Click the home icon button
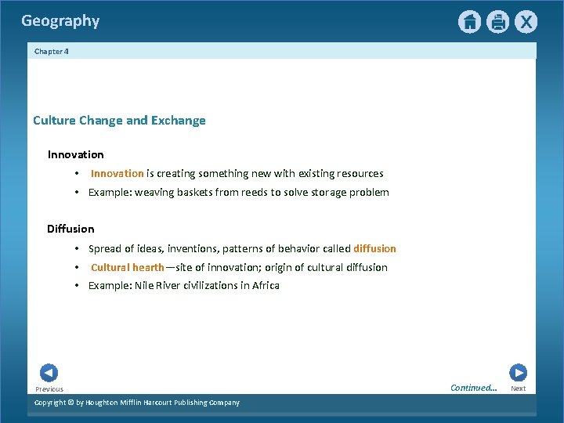pyautogui.click(x=469, y=22)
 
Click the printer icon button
pyautogui.click(x=497, y=22)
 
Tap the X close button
pyautogui.click(x=526, y=22)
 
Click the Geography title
pyautogui.click(x=60, y=21)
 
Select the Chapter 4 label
pyautogui.click(x=52, y=51)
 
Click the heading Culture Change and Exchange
pyautogui.click(x=119, y=121)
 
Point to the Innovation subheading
pyautogui.click(x=75, y=154)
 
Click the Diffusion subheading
pyautogui.click(x=70, y=229)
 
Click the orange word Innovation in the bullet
pyautogui.click(x=117, y=173)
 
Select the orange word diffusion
pyautogui.click(x=374, y=248)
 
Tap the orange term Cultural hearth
pyautogui.click(x=127, y=267)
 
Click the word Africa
pyautogui.click(x=266, y=285)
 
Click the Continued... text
pyautogui.click(x=473, y=388)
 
